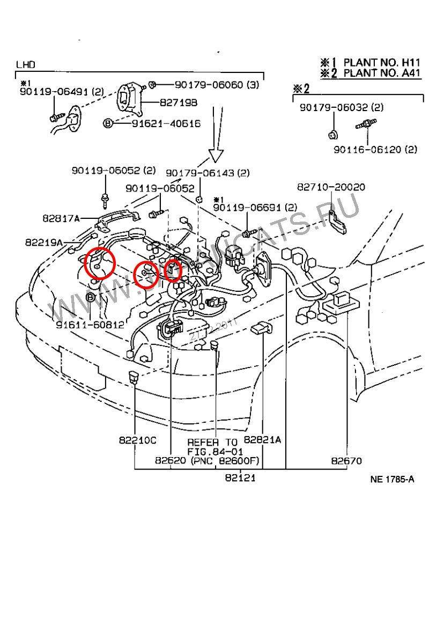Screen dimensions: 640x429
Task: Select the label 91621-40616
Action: pos(166,123)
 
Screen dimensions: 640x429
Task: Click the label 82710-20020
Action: pos(331,187)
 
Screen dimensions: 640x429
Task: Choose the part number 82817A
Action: pos(61,218)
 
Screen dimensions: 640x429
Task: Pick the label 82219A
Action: pos(43,242)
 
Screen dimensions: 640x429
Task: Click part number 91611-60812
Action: pos(90,325)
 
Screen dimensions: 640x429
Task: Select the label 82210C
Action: pos(137,440)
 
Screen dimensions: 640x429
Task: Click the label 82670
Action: pos(346,460)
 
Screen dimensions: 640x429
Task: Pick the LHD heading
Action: pos(25,64)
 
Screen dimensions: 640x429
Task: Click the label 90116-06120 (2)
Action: pos(375,150)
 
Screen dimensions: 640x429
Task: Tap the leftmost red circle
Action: pos(99,263)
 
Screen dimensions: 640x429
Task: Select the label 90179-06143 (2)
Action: pos(207,173)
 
